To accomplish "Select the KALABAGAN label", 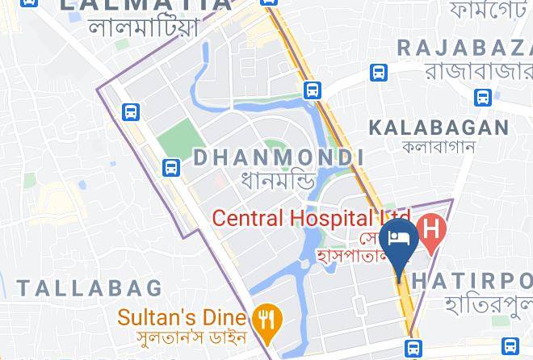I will pos(439,128).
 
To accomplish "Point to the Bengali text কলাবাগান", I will pos(439,147).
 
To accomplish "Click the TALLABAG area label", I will pos(89,287).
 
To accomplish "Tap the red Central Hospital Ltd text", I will pos(311,218).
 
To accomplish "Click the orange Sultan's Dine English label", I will pos(184,315).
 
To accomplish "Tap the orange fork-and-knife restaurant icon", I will pos(265,320).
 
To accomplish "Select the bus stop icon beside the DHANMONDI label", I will pos(170,167).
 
